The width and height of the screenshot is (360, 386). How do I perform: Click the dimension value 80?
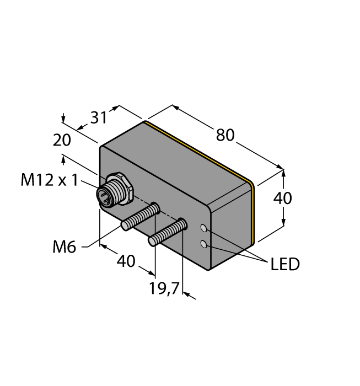click(225, 135)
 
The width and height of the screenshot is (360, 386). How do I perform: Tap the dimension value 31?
click(98, 118)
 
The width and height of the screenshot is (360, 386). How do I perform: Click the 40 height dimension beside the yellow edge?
click(283, 198)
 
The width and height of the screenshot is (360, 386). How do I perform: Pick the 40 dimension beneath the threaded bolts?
click(126, 261)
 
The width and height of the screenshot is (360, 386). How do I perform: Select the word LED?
click(285, 265)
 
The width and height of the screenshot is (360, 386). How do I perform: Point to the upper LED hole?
click(204, 228)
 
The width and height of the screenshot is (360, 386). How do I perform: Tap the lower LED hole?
click(204, 244)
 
